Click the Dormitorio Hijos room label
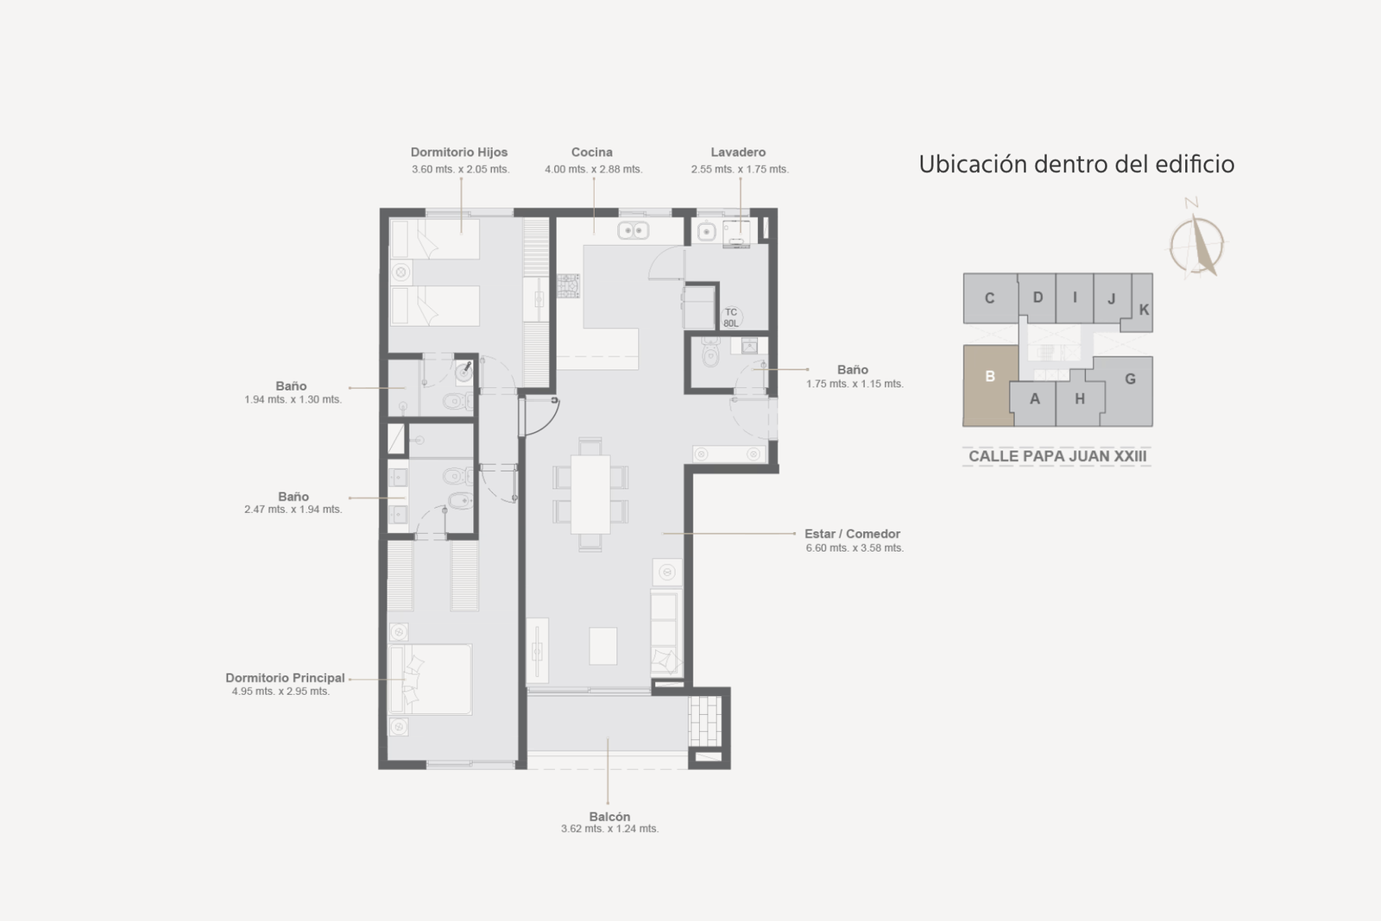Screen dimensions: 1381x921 point(459,152)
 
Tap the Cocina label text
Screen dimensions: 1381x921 point(592,152)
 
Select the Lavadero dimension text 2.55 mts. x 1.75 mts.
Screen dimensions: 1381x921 point(740,169)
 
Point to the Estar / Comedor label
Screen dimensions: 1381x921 point(852,534)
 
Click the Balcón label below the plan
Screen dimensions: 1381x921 point(609,817)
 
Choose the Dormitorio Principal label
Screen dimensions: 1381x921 point(285,678)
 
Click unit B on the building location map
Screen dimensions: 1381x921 point(989,385)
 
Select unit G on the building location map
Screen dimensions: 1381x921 point(1130,385)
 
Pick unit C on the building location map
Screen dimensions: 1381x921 point(990,298)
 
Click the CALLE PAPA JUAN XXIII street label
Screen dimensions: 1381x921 point(1057,456)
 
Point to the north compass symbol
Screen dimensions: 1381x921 point(1196,242)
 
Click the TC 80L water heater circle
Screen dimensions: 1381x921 point(731,318)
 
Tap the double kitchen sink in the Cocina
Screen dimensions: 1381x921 point(634,230)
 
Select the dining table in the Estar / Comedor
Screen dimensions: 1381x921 point(590,494)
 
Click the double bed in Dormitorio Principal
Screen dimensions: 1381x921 point(431,680)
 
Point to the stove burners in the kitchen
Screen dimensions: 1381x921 point(569,285)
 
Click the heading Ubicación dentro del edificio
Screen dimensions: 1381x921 point(1076,165)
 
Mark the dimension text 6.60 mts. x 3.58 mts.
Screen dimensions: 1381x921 point(854,548)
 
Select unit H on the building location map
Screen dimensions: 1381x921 point(1080,399)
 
